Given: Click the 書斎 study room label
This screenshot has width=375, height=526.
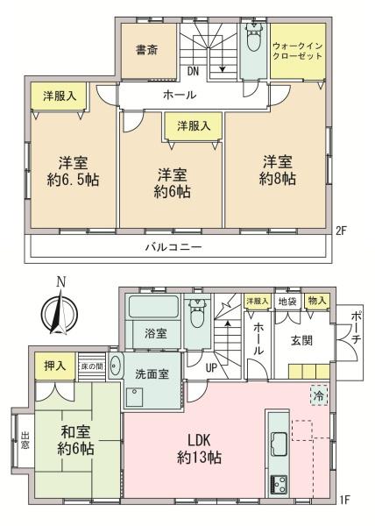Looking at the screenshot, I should [x=146, y=50].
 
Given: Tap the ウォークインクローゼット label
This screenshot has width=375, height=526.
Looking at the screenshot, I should [x=298, y=49].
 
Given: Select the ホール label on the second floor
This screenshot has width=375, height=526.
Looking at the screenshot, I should [x=179, y=95].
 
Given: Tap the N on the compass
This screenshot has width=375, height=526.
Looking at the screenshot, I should [x=60, y=282].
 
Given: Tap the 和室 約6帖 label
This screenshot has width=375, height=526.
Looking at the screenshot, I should [x=77, y=440].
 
